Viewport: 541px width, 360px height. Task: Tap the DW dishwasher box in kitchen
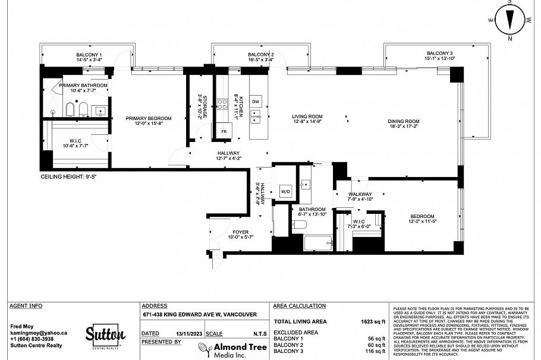coord(256,102)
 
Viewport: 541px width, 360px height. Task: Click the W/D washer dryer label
coord(285,191)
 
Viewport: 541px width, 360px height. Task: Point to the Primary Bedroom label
coord(149,118)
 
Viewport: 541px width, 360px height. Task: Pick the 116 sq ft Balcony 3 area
coord(374,351)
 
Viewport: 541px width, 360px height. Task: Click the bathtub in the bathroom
coord(318,243)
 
